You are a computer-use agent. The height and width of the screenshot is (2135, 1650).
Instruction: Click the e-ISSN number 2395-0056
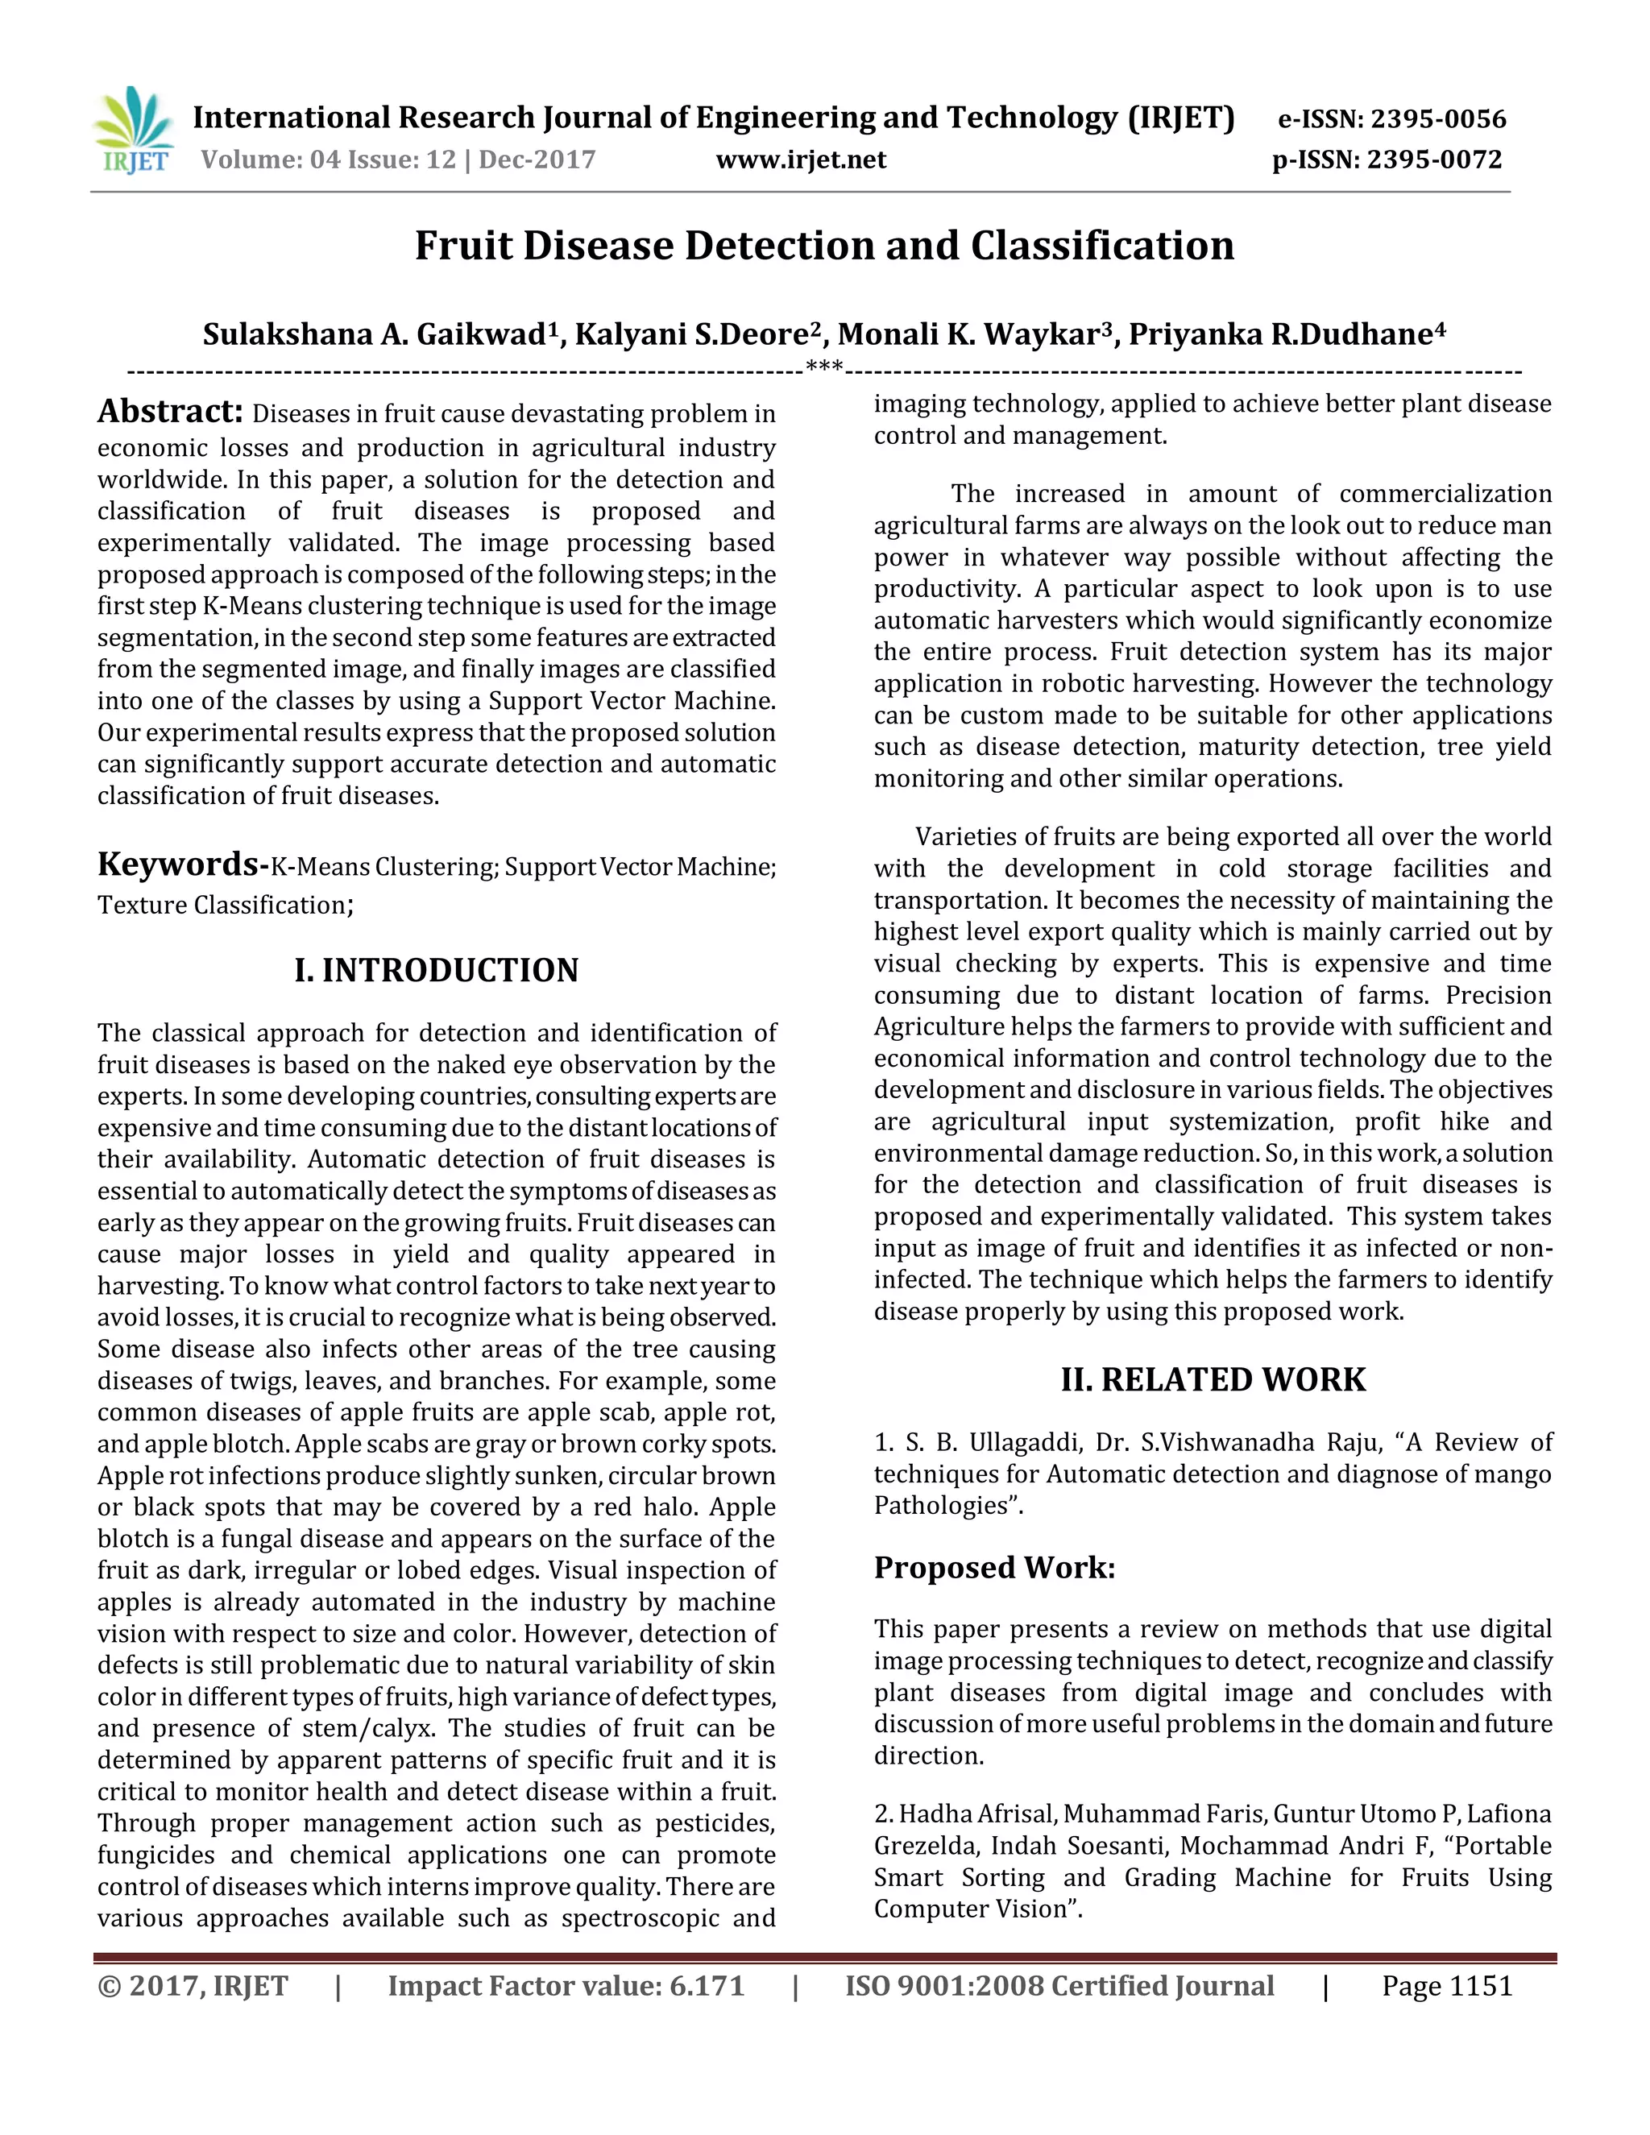pyautogui.click(x=1438, y=119)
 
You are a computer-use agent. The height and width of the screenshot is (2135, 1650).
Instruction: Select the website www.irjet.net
pyautogui.click(x=801, y=160)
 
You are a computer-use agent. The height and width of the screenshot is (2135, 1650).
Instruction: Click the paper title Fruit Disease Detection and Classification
pyautogui.click(x=824, y=246)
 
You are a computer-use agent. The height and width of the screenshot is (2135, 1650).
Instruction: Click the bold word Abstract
pyautogui.click(x=169, y=412)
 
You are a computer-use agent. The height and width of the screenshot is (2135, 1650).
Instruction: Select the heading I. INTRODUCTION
pyautogui.click(x=436, y=970)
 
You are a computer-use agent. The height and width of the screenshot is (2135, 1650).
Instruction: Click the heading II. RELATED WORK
pyautogui.click(x=1213, y=1379)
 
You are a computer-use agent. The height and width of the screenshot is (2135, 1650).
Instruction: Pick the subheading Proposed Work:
pyautogui.click(x=994, y=1567)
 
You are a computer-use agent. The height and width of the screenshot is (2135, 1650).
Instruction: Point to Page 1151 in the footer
pyautogui.click(x=1447, y=1985)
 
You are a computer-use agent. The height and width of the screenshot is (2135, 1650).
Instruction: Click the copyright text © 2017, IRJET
pyautogui.click(x=193, y=1985)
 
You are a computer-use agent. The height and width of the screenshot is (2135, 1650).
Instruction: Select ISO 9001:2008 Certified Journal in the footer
pyautogui.click(x=1059, y=1985)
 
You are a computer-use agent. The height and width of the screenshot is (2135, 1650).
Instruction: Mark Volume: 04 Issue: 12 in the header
pyautogui.click(x=329, y=160)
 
